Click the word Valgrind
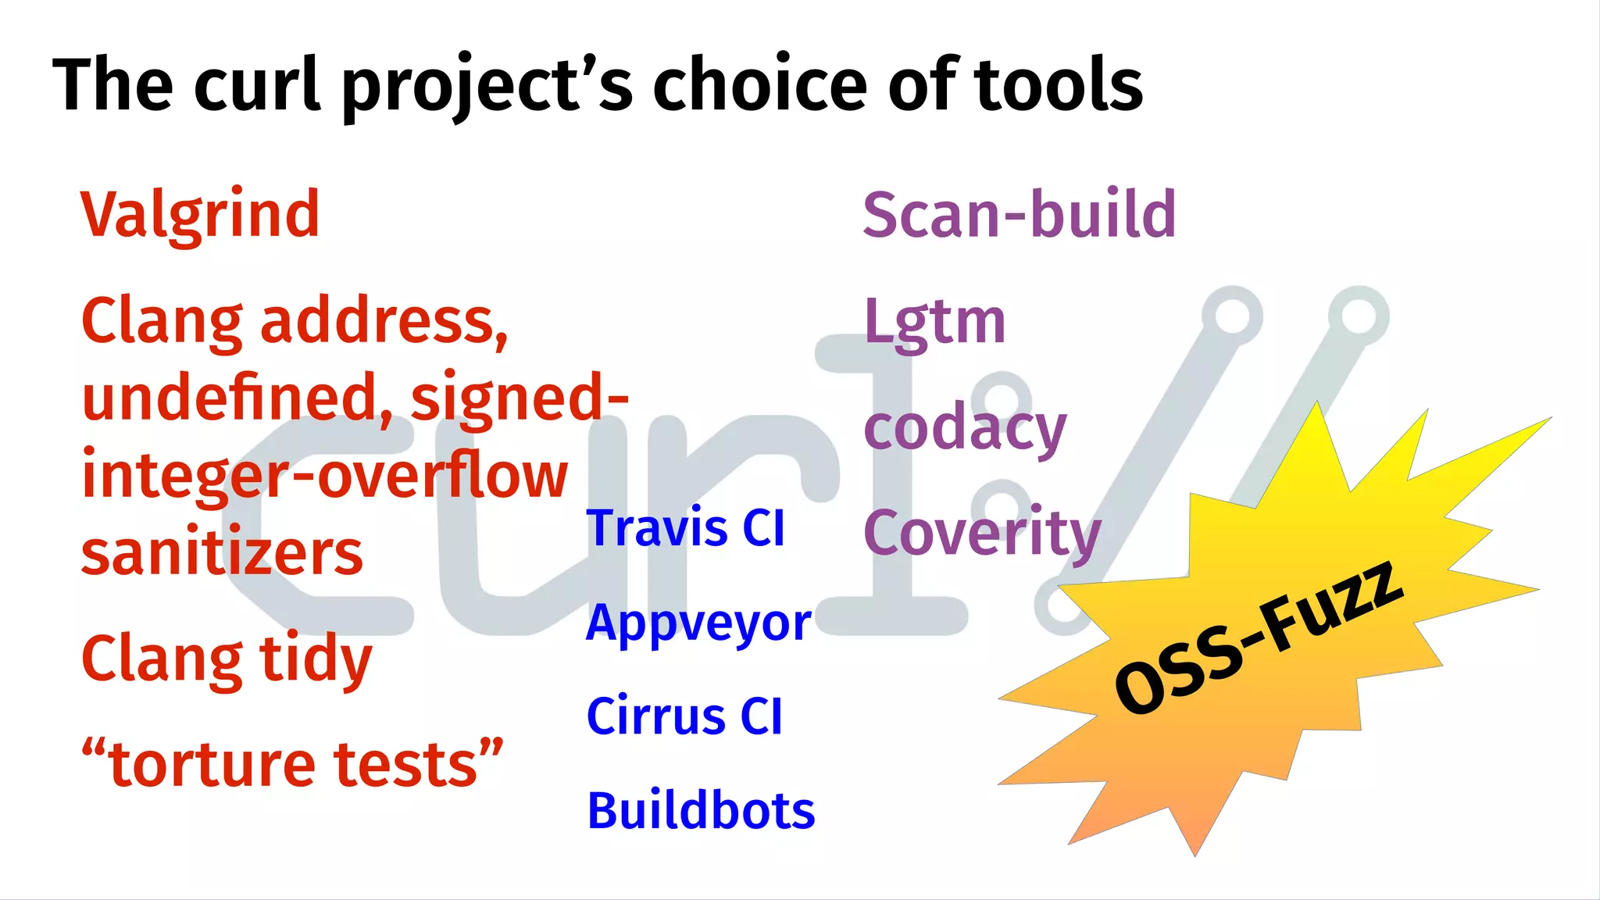coord(200,215)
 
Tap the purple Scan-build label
coord(1019,215)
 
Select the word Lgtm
coord(934,322)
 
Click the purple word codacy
coord(965,429)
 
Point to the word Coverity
coord(982,534)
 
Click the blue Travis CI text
coord(685,528)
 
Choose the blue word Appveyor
coord(698,623)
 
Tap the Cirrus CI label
coord(684,716)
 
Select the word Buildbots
coord(701,810)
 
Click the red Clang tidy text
coord(227,659)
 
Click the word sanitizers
coord(222,553)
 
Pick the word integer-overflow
coord(324,476)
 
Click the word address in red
coord(384,321)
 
